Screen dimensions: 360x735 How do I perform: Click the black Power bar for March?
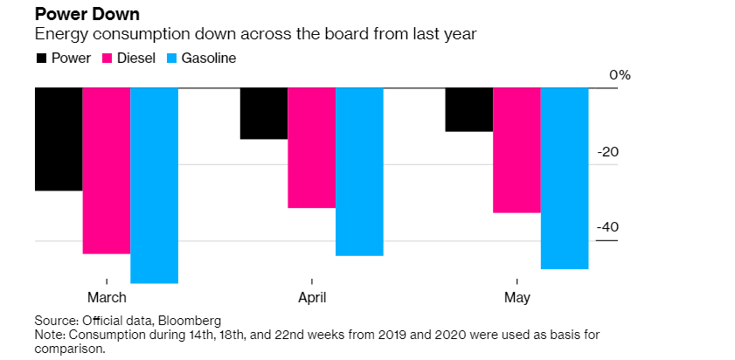[x=59, y=139]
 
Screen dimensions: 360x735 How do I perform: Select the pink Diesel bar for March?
[x=107, y=170]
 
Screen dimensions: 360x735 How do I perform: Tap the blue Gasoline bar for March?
[x=155, y=185]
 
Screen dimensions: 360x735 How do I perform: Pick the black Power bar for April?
[x=264, y=114]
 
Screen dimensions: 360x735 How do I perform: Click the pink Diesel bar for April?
[x=312, y=148]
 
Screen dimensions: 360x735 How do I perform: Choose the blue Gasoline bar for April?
[x=359, y=171]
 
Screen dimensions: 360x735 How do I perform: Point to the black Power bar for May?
[x=469, y=110]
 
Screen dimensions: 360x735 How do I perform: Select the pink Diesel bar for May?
[x=517, y=150]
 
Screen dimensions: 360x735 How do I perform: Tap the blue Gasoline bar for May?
[x=565, y=178]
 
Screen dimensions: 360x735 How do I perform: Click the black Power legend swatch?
[x=41, y=59]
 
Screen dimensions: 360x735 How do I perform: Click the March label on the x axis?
[x=107, y=298]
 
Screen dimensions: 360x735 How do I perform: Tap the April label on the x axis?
[x=312, y=298]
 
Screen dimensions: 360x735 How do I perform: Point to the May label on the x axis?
[x=517, y=298]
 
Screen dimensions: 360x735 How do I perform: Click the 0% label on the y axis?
[x=620, y=75]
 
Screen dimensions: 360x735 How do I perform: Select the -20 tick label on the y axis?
[x=608, y=152]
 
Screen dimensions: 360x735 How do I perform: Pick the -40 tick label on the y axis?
[x=608, y=227]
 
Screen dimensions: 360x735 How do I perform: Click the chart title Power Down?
[x=77, y=15]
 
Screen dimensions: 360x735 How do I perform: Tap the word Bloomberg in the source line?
[x=191, y=320]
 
